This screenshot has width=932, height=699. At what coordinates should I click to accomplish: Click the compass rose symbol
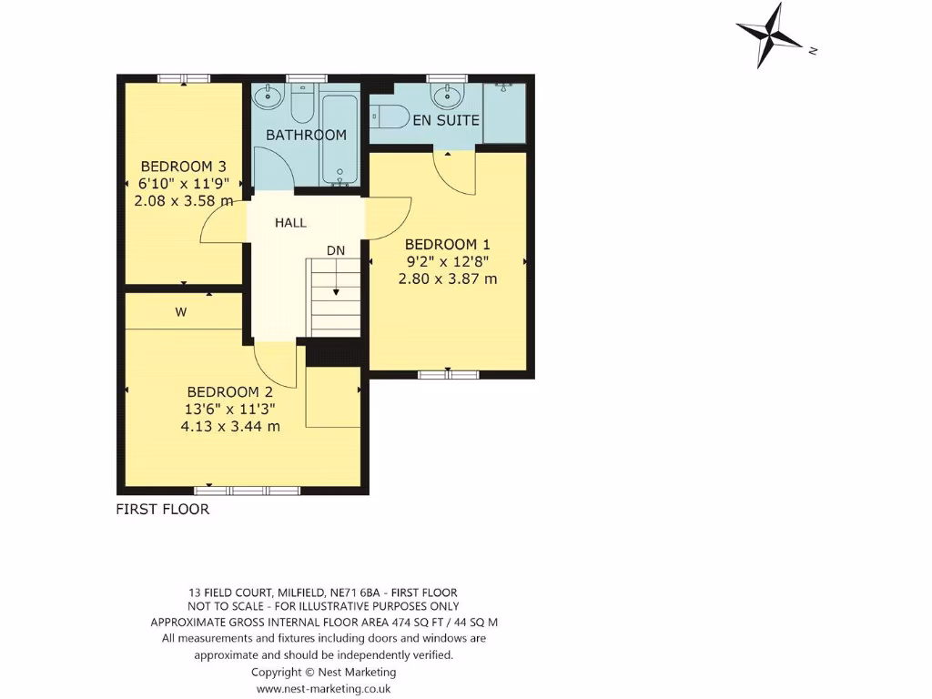click(771, 35)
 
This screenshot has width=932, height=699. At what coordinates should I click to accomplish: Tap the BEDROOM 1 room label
click(447, 244)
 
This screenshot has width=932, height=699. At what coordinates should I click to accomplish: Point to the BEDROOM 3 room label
click(183, 167)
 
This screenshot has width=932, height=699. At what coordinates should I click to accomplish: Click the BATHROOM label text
click(306, 135)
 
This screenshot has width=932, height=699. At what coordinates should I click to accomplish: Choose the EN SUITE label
click(446, 120)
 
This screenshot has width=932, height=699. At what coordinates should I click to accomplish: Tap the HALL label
click(291, 222)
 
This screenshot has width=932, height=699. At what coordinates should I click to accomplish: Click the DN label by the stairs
click(336, 250)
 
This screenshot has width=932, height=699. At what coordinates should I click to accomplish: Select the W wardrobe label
click(181, 312)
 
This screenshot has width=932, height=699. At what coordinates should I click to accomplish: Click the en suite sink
click(446, 95)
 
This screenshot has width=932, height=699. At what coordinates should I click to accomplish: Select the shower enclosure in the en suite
click(504, 113)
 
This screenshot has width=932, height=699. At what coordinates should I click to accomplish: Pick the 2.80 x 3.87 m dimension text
click(447, 279)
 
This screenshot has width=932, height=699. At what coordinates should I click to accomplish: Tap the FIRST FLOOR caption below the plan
click(162, 509)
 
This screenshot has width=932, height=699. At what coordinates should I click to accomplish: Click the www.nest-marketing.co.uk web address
click(323, 689)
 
